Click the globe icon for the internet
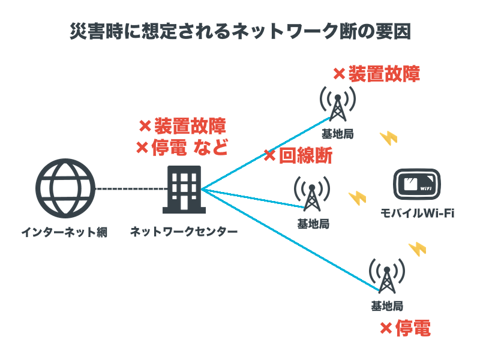click(65, 188)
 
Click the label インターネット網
click(64, 232)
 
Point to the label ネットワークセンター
click(184, 232)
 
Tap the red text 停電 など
click(189, 147)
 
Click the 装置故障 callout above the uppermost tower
click(384, 74)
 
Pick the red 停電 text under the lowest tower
click(413, 328)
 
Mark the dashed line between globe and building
click(129, 189)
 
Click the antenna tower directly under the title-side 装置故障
click(337, 105)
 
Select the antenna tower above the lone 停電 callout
click(386, 276)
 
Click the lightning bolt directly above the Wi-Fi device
click(388, 138)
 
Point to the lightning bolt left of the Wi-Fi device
click(357, 197)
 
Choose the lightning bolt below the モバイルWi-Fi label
click(416, 248)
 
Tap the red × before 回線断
click(269, 156)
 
